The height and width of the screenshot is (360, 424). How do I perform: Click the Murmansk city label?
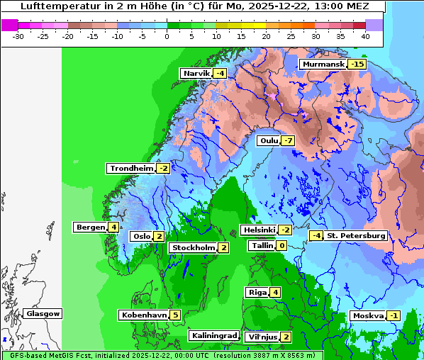tap(323, 64)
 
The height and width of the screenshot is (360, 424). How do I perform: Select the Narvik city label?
tap(196, 74)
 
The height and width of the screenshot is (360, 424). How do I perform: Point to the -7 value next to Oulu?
tap(287, 141)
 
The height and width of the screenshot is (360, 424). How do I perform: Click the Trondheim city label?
tap(130, 169)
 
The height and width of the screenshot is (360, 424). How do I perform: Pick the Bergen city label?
tap(90, 227)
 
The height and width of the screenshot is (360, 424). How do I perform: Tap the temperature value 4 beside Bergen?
tap(113, 227)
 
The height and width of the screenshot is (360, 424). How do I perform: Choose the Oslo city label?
tap(140, 237)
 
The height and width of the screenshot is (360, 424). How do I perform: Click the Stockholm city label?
tap(193, 247)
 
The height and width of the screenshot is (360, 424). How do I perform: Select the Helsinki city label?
tap(258, 230)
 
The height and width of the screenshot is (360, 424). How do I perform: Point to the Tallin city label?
tap(262, 246)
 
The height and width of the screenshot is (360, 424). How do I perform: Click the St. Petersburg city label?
tap(355, 236)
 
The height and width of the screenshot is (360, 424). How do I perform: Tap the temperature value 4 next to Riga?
tap(275, 293)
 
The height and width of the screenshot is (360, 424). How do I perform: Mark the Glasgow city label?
tap(43, 314)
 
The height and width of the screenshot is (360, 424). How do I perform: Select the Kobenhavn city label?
tap(144, 315)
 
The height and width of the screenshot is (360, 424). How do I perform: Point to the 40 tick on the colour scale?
tap(365, 35)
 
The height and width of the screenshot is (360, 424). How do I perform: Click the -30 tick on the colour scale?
tap(18, 35)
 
